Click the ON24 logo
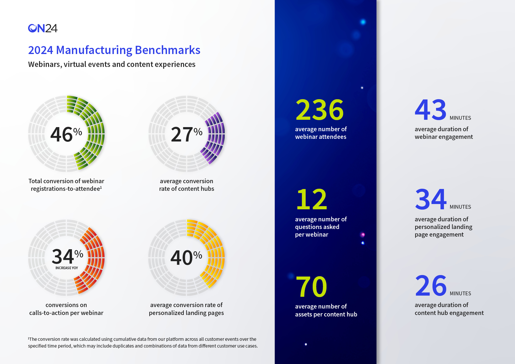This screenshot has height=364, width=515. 43,28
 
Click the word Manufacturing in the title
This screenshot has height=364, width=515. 94,50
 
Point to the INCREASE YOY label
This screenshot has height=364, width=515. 67,268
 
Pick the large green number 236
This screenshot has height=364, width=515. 319,110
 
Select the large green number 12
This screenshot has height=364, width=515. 312,200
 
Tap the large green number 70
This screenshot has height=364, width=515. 312,287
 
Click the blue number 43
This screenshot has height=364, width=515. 430,110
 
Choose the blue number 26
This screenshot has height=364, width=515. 431,286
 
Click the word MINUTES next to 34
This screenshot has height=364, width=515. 460,207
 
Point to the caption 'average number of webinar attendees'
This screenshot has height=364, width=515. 321,133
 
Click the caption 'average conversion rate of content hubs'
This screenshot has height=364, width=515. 186,185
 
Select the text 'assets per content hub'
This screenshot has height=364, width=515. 326,314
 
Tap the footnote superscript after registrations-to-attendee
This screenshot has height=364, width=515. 101,187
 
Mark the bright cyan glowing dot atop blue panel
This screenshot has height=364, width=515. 363,22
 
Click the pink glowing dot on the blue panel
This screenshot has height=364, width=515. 363,235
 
